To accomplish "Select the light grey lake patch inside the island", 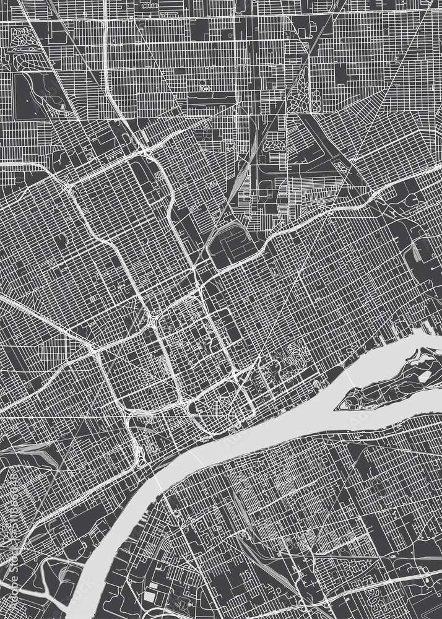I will [x=425, y=375].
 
